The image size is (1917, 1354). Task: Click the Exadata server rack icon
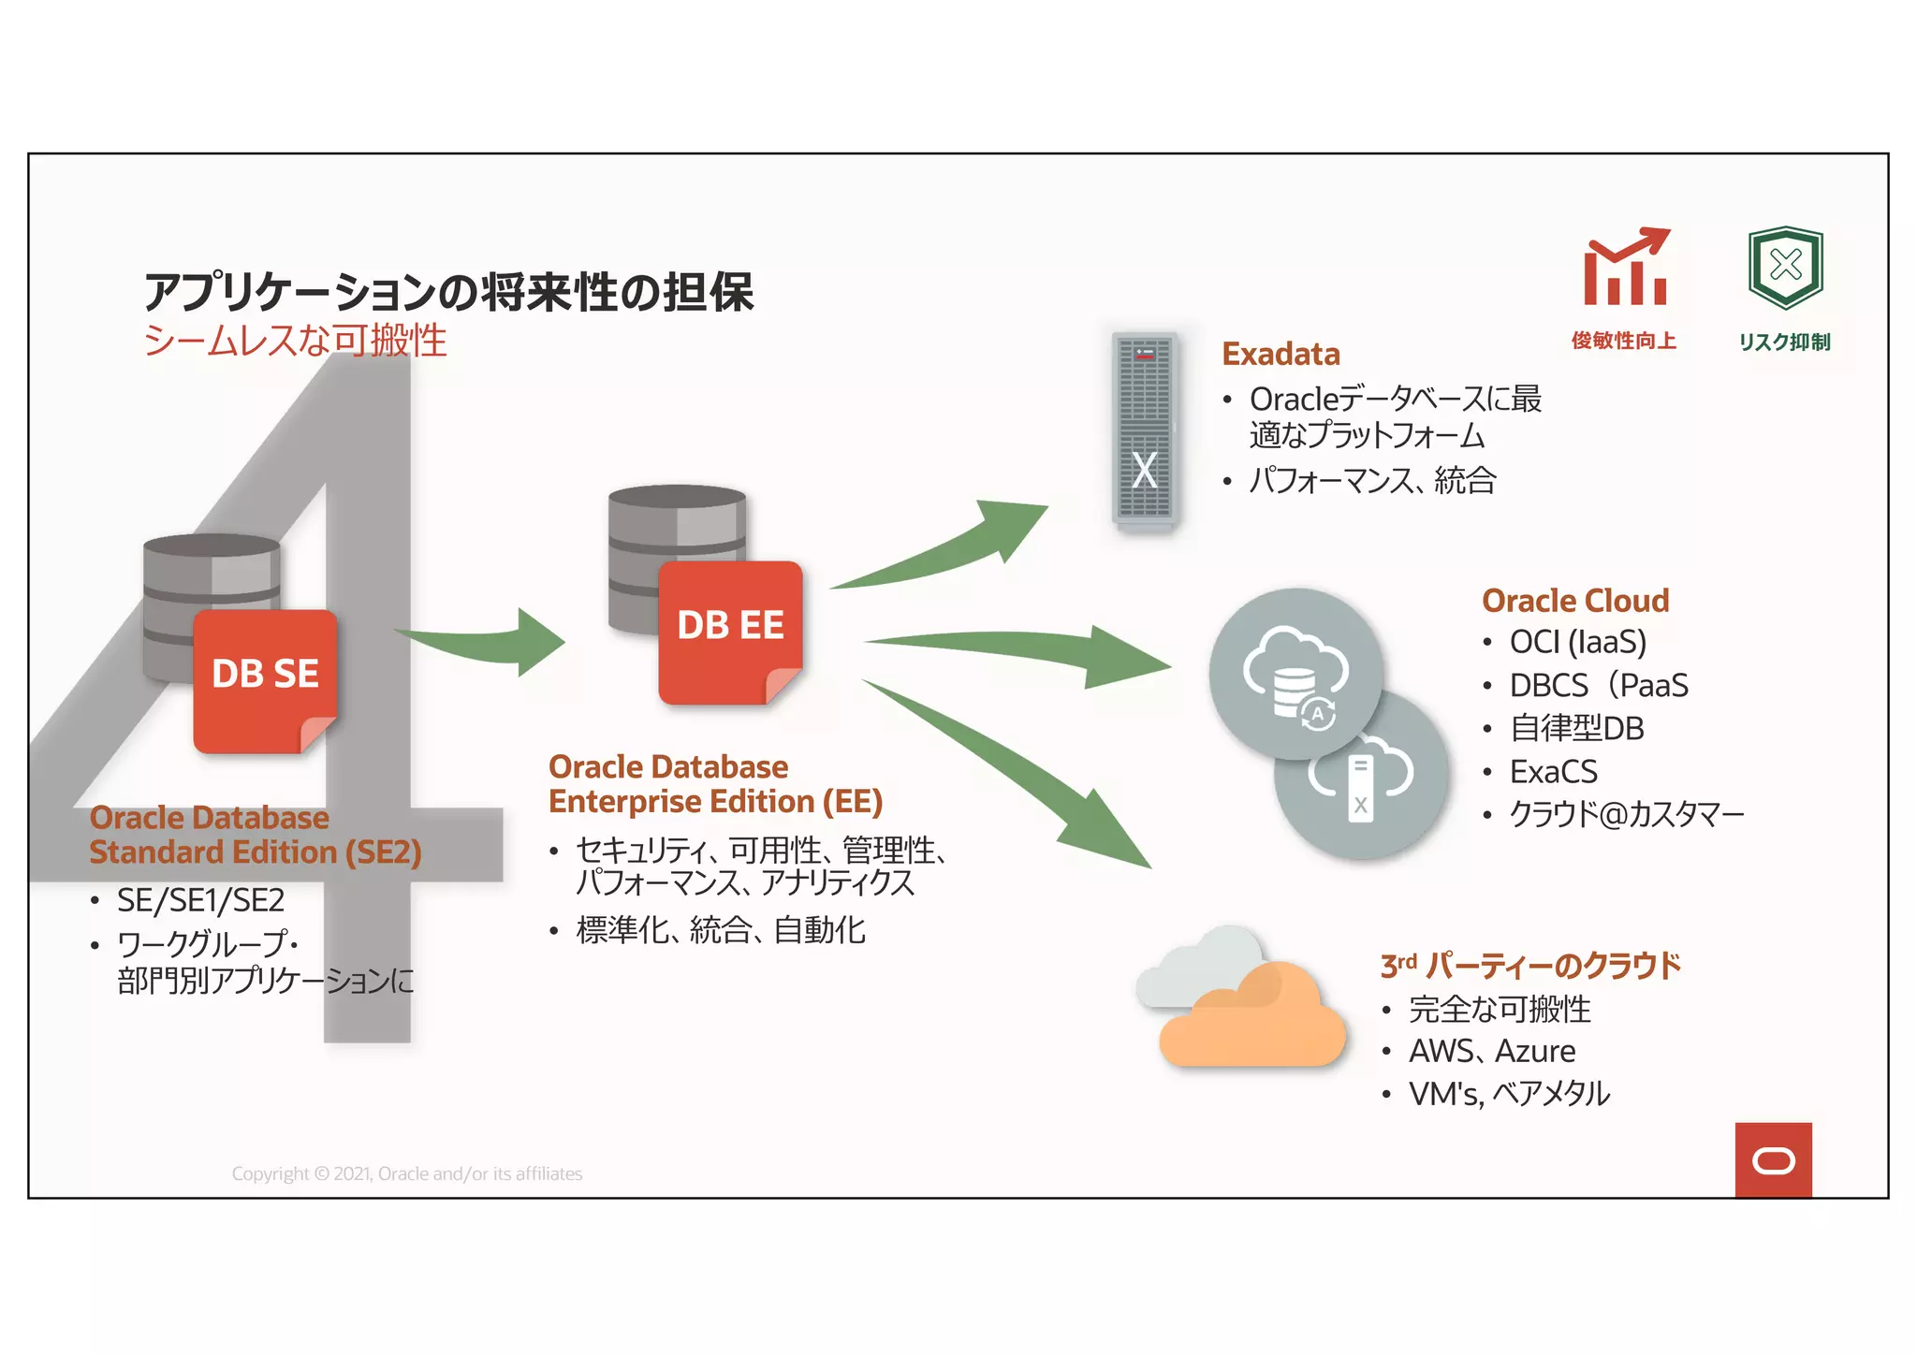(1144, 431)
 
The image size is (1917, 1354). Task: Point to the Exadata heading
(1280, 355)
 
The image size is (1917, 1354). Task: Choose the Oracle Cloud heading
(1575, 601)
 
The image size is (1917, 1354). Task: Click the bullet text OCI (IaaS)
(1577, 643)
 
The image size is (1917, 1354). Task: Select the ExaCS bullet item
(1553, 772)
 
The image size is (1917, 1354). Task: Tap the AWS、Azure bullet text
(1492, 1052)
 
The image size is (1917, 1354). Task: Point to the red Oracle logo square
(1773, 1160)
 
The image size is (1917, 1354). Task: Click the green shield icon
(1785, 268)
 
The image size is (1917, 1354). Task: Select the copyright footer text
(407, 1174)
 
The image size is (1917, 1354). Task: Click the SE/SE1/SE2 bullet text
(200, 901)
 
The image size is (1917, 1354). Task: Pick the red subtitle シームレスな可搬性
(295, 341)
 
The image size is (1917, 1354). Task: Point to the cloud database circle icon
(1295, 674)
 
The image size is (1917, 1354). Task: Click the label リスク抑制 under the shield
(1784, 342)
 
